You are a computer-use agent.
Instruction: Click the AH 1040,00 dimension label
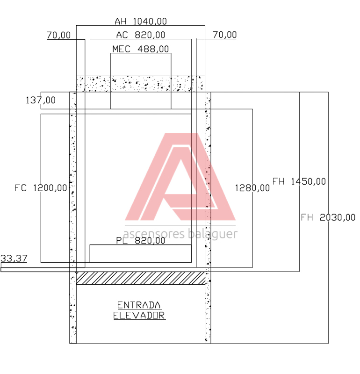pos(141,22)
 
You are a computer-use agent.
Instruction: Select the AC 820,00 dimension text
pos(141,35)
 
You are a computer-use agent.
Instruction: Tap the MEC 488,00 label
pos(141,49)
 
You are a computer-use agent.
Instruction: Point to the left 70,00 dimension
pos(59,36)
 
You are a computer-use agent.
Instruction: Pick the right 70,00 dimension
pos(224,35)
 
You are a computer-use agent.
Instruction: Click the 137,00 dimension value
pos(41,100)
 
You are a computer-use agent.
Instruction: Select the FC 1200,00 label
pos(41,188)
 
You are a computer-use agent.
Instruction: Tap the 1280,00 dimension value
pos(252,188)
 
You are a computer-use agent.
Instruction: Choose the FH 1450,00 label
pos(299,181)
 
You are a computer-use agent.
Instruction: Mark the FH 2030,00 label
pos(328,217)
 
